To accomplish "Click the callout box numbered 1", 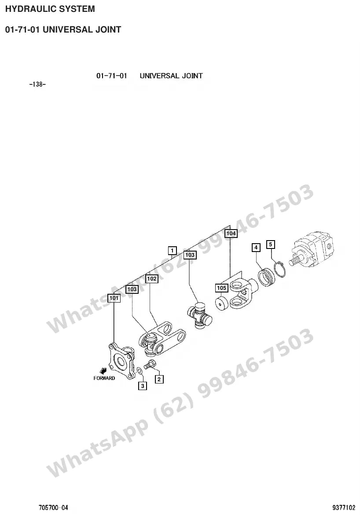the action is click(172, 251).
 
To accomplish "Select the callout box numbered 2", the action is click(159, 380).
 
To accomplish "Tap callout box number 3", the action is click(142, 386).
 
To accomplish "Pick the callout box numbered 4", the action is click(256, 248).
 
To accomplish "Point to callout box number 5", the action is click(270, 245).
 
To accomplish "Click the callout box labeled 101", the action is click(114, 298).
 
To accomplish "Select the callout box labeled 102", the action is click(152, 279).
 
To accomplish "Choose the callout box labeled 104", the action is click(231, 233).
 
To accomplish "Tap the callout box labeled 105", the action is click(221, 288).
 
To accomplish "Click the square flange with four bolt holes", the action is click(121, 360).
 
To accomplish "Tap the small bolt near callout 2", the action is click(150, 364).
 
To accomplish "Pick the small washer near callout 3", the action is click(139, 371).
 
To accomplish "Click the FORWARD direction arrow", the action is click(103, 370).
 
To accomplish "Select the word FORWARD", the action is click(104, 378).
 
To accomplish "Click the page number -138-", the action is click(37, 84).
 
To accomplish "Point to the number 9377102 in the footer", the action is click(344, 508).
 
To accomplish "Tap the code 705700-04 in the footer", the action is click(54, 508).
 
